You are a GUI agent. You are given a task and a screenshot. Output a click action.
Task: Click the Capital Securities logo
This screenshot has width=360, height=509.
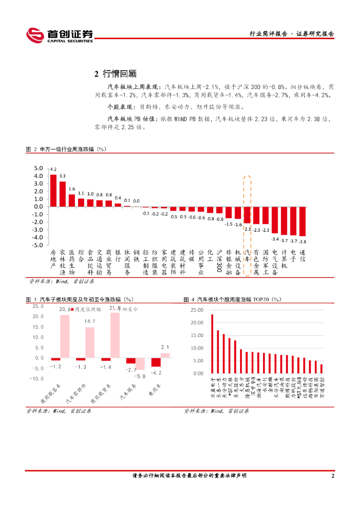(x=60, y=35)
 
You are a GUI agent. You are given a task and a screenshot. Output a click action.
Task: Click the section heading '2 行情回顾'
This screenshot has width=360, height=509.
(x=115, y=74)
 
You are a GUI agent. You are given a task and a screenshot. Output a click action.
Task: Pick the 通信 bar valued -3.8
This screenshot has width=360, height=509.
(x=302, y=221)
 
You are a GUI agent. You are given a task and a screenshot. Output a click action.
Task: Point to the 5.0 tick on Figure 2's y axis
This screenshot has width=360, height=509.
(x=38, y=175)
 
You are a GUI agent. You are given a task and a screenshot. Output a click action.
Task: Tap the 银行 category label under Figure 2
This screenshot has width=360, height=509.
(x=118, y=256)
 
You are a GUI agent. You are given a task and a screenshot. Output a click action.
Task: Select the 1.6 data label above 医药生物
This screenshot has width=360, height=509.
(x=72, y=189)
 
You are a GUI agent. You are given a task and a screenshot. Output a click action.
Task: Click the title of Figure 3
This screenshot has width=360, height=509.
(x=80, y=299)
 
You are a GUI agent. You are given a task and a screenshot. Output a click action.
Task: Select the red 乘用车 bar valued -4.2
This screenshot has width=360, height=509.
(x=156, y=362)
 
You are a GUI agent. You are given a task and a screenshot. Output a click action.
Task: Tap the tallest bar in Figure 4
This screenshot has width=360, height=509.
(x=212, y=343)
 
